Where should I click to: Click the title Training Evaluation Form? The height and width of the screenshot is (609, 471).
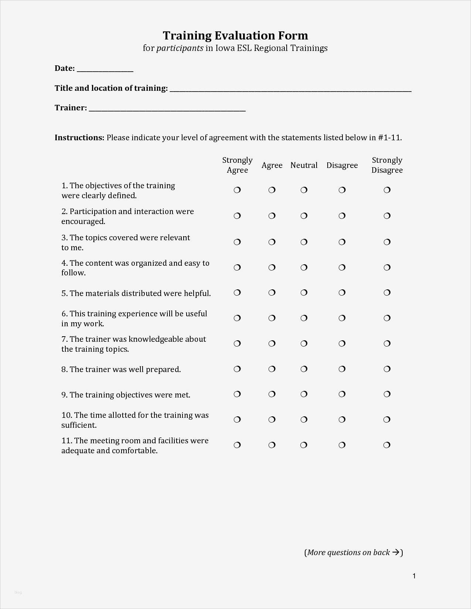click(235, 35)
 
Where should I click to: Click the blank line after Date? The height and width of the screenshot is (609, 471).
click(105, 69)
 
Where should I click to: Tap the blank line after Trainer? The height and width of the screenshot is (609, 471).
click(167, 109)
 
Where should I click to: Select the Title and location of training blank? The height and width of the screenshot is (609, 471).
click(290, 89)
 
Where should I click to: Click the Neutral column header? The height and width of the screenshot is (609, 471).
click(304, 165)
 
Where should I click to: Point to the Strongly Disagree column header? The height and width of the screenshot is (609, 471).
click(387, 165)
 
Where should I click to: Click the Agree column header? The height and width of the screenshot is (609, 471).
click(272, 165)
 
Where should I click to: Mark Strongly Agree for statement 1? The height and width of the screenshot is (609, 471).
click(237, 190)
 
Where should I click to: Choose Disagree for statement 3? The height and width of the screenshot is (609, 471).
click(342, 242)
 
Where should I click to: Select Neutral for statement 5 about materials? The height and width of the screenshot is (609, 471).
click(304, 293)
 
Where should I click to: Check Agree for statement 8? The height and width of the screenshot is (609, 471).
click(272, 369)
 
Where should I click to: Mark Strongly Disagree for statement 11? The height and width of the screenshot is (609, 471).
click(387, 445)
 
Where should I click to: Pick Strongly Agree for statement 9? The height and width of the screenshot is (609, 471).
click(237, 394)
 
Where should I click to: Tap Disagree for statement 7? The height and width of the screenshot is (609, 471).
click(342, 344)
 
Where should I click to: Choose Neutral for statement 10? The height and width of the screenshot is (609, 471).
click(304, 420)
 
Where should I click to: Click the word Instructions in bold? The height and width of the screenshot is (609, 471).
click(79, 138)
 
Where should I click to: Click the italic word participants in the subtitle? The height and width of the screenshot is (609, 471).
click(180, 48)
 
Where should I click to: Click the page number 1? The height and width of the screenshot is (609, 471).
click(414, 576)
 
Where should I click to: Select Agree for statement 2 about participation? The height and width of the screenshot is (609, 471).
click(272, 216)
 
